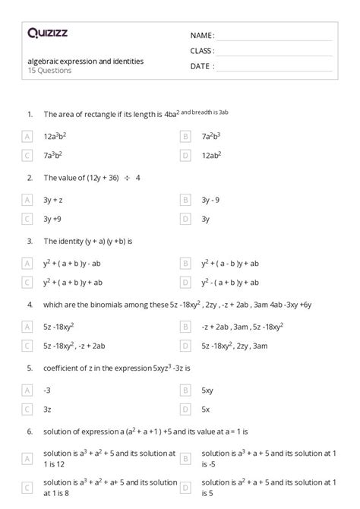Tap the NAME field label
click(202, 35)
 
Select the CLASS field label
click(202, 51)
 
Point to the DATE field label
click(202, 66)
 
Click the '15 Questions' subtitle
click(48, 71)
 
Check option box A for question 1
click(27, 137)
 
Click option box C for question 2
click(27, 219)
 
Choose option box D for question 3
click(185, 283)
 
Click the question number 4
click(30, 305)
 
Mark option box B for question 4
click(185, 327)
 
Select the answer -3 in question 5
click(47, 390)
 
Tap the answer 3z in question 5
click(47, 409)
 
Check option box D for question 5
click(185, 409)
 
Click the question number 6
click(30, 431)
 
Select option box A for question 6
click(27, 459)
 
